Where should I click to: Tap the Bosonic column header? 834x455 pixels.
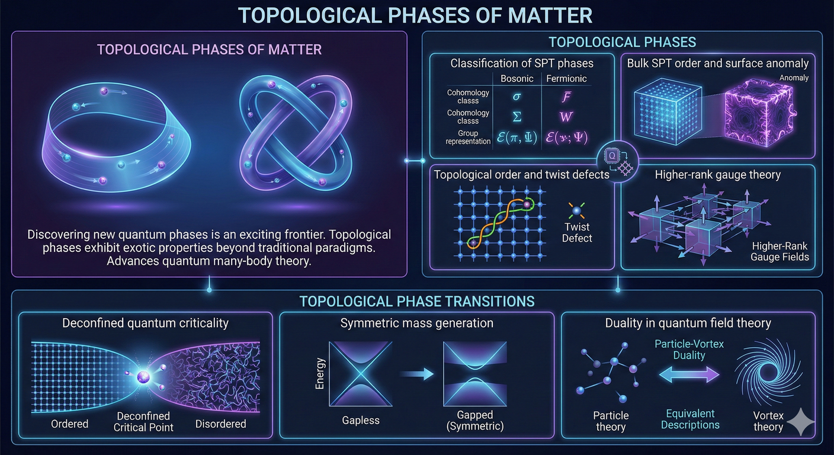(x=517, y=78)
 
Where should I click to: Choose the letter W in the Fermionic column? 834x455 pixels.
(x=566, y=117)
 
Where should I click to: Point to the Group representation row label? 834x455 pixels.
(x=468, y=137)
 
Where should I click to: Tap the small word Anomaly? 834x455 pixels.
(x=794, y=78)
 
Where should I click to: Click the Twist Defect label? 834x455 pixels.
(x=577, y=232)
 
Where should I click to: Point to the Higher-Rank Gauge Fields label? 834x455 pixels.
(x=780, y=251)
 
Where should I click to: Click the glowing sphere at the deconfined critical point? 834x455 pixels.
(x=144, y=377)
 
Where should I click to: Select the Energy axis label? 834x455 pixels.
(x=320, y=373)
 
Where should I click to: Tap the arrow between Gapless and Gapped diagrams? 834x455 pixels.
(x=417, y=374)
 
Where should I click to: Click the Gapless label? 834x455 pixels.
(x=361, y=421)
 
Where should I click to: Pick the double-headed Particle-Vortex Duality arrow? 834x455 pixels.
(x=689, y=374)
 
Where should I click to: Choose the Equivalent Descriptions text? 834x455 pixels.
(x=690, y=419)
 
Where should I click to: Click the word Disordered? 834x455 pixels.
(x=220, y=424)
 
